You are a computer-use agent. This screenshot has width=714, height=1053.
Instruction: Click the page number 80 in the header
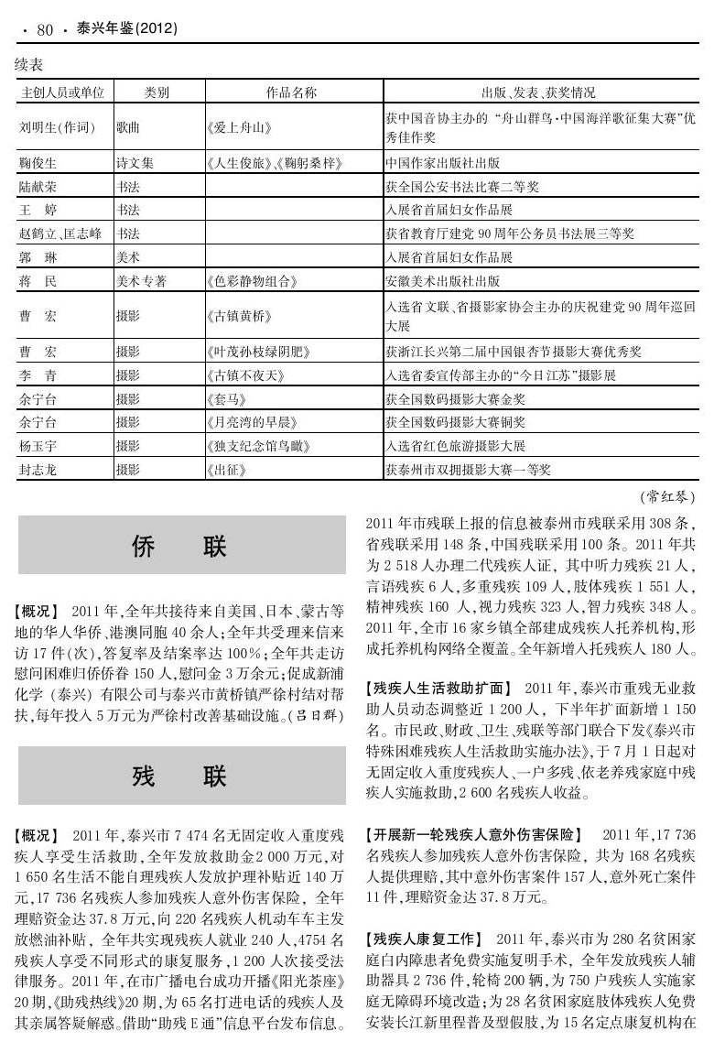coord(45,29)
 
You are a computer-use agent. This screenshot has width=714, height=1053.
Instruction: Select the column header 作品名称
coord(291,92)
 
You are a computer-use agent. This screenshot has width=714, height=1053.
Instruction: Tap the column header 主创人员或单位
coord(61,92)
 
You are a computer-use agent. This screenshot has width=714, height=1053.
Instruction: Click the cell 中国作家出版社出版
coord(443,164)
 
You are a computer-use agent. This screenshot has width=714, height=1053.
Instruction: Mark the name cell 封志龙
coord(38,470)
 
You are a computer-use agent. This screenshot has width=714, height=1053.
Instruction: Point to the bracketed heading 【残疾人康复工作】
coord(426,940)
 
